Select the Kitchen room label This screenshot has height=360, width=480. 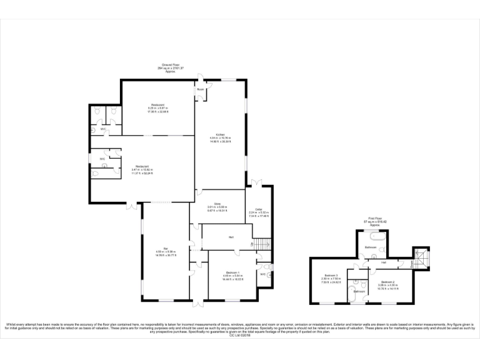point(220,134)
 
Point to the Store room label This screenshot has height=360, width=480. point(217,204)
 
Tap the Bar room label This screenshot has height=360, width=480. point(166,248)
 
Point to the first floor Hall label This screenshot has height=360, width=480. point(382,262)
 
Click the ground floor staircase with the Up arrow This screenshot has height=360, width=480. point(262,244)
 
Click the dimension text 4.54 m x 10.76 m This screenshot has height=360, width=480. point(220,138)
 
